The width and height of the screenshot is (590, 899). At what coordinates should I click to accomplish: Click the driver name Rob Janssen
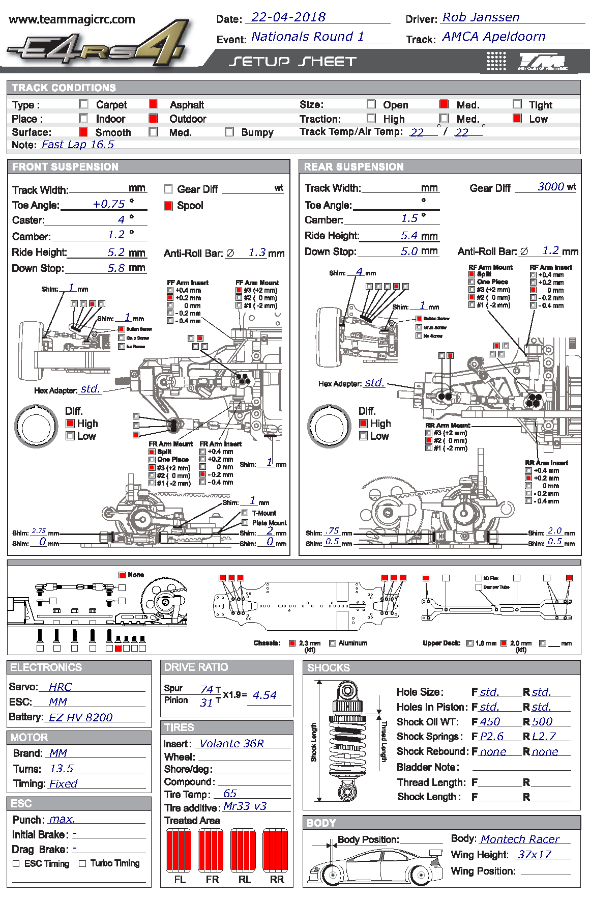click(x=481, y=17)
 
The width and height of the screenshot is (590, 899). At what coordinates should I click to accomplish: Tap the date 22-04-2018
click(x=288, y=17)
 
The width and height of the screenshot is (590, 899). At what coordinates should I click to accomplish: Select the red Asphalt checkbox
click(x=153, y=104)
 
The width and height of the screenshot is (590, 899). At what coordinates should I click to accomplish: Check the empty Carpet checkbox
click(x=83, y=104)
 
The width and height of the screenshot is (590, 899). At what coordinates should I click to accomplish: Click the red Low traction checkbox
click(x=517, y=119)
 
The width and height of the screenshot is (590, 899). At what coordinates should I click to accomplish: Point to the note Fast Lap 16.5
click(x=77, y=145)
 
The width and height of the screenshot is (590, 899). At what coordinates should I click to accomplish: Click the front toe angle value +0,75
click(x=109, y=204)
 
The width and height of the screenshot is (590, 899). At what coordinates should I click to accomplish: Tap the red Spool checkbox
click(x=168, y=206)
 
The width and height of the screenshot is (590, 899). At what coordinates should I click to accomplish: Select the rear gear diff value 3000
click(x=551, y=187)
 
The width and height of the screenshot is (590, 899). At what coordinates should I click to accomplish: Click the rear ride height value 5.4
click(x=409, y=236)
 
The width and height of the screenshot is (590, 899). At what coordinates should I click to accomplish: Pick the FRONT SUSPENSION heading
click(x=65, y=167)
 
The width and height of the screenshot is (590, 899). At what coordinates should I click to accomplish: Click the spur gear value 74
click(x=206, y=689)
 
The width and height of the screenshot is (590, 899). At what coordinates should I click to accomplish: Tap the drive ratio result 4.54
click(x=264, y=695)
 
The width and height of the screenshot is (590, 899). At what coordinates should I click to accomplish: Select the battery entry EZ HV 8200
click(x=80, y=717)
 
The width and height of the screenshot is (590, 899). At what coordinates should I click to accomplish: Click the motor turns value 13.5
click(x=62, y=769)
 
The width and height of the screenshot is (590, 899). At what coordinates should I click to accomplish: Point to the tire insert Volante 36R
click(x=231, y=744)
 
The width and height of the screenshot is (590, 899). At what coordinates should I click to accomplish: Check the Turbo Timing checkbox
click(x=82, y=863)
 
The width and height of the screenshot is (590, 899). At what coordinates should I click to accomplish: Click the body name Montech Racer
click(x=520, y=839)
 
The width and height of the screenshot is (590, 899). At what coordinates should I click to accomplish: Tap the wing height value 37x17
click(x=535, y=854)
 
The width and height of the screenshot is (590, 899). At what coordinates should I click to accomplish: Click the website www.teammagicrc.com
click(x=72, y=20)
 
